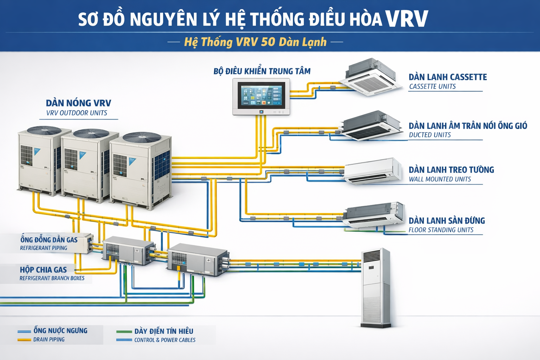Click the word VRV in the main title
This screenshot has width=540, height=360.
(406, 19)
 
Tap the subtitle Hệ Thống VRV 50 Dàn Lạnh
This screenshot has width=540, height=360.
(255, 42)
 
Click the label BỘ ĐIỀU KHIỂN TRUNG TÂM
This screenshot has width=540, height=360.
(262, 71)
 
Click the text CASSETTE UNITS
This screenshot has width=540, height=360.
(432, 86)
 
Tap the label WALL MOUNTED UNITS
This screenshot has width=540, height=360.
(439, 179)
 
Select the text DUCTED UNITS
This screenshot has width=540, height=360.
(430, 135)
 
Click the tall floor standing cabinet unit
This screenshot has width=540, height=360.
(376, 288)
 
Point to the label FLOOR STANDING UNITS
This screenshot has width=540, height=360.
(441, 230)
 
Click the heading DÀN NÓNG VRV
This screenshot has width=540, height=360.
(78, 103)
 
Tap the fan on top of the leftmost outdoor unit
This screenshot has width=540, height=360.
(44, 130)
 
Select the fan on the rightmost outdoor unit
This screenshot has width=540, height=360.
(142, 137)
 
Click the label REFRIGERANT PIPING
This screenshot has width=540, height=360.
(44, 248)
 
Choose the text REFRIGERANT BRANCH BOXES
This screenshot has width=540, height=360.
(52, 278)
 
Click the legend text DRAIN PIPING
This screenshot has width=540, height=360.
(49, 340)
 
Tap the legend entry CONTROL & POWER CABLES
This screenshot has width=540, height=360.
(165, 340)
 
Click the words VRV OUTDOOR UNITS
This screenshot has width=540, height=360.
(77, 113)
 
